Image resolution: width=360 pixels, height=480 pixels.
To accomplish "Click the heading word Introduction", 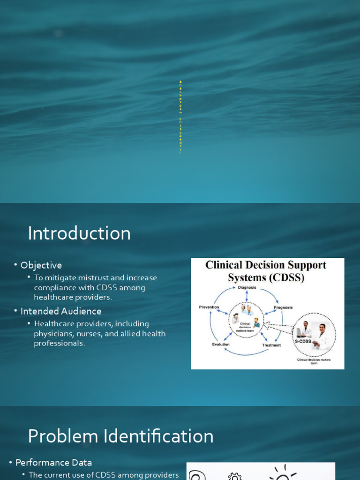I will (79, 233).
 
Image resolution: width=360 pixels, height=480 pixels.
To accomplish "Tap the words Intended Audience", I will (61, 311).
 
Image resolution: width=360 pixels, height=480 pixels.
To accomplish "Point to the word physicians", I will (51, 333).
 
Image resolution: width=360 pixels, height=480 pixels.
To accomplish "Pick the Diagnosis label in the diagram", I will (247, 287).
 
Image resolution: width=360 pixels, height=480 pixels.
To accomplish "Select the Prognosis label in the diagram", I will (283, 307).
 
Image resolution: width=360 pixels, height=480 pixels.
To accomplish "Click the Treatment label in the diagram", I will (271, 345).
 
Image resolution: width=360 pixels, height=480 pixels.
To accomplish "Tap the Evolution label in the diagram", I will (220, 344).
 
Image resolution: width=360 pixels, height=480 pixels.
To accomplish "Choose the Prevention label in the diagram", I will (209, 307).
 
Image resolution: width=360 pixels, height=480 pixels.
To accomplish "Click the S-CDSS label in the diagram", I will (302, 342).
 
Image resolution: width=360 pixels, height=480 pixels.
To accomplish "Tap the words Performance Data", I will (53, 463).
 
